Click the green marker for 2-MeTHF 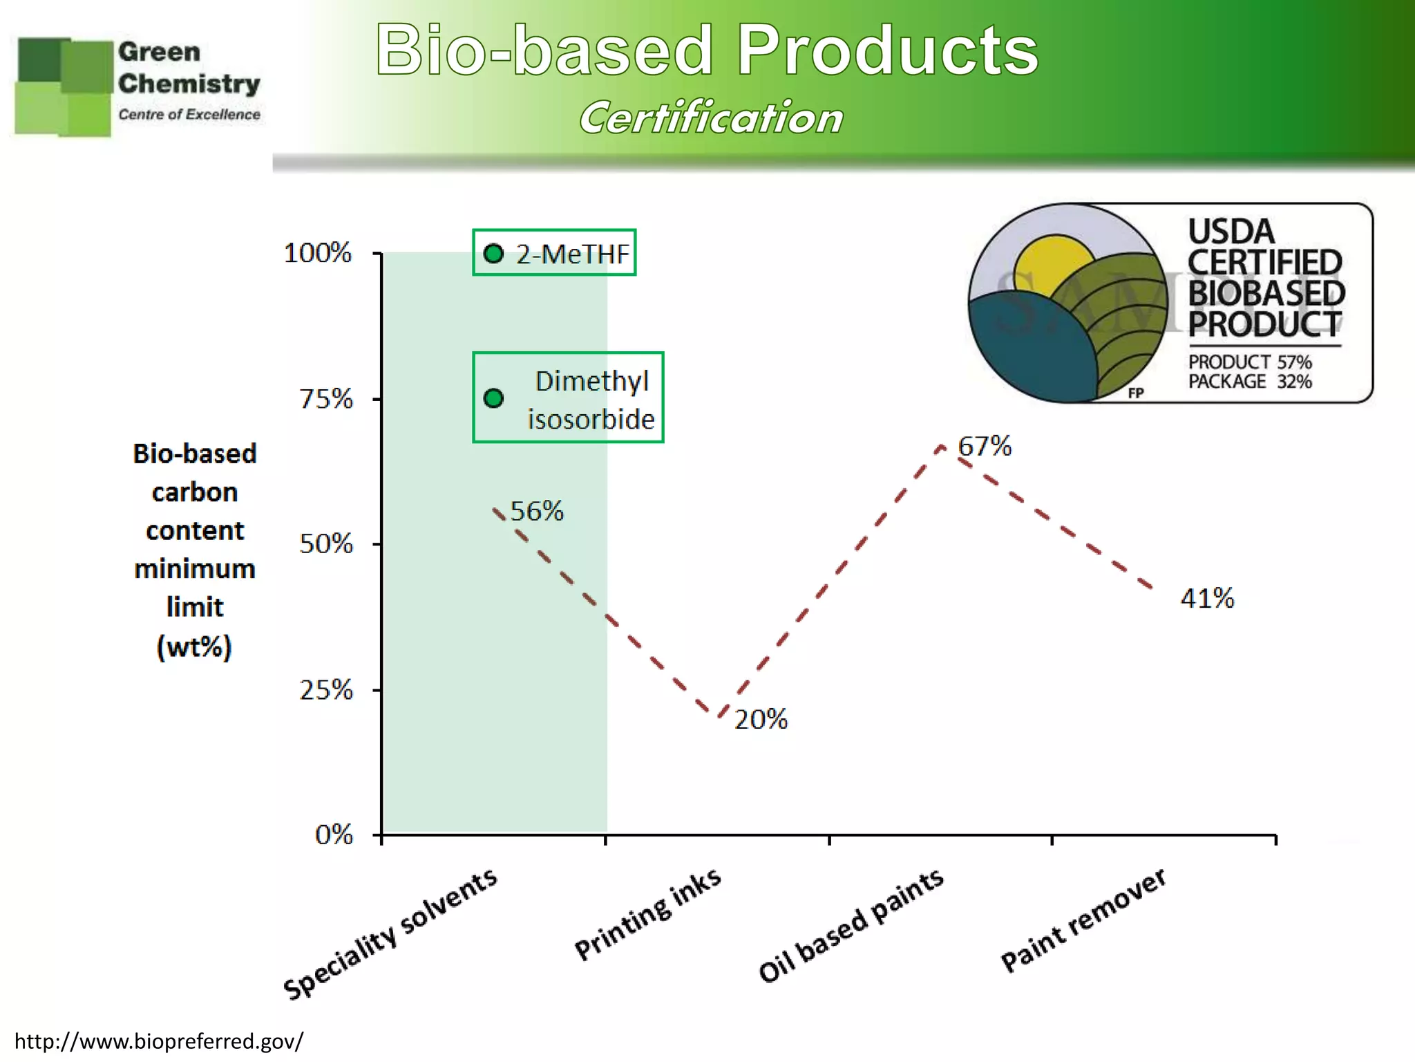click(493, 254)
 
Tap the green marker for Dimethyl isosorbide click(493, 398)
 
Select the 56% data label click(536, 511)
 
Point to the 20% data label click(760, 720)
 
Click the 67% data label click(984, 446)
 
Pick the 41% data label click(1206, 598)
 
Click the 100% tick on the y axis click(318, 253)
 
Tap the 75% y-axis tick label click(325, 399)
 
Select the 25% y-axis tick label click(325, 690)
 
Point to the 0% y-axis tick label click(334, 835)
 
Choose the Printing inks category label click(647, 914)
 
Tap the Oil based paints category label click(851, 925)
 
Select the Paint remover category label click(1083, 920)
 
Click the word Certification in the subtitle click(711, 118)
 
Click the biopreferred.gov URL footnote click(159, 1041)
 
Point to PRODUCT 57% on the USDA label click(1249, 362)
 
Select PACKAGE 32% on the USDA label click(1249, 382)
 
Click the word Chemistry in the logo click(189, 84)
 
